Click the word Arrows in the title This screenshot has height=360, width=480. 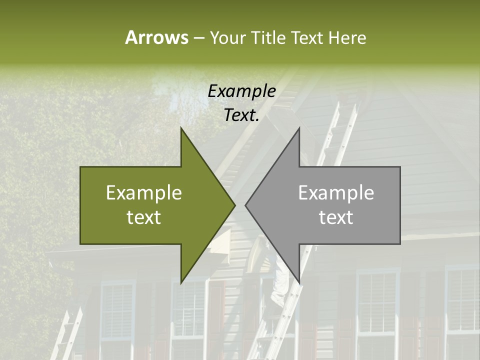click(x=156, y=37)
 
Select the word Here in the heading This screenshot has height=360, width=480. click(x=347, y=38)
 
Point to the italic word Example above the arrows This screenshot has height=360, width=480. click(x=241, y=91)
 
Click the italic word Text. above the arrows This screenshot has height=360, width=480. click(x=241, y=115)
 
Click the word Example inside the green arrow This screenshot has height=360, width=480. click(x=144, y=193)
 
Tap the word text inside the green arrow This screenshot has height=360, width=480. click(x=144, y=217)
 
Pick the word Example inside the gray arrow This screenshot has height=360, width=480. click(x=336, y=193)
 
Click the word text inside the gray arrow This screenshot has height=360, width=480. click(x=336, y=217)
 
